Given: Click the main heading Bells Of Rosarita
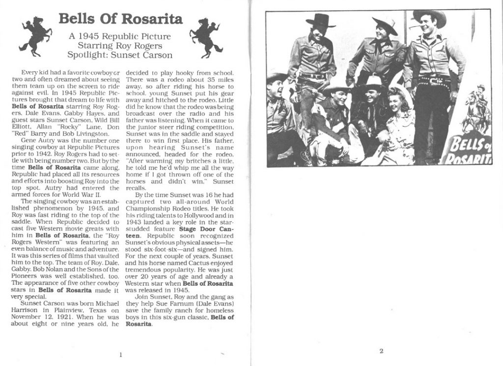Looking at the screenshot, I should click(x=120, y=19).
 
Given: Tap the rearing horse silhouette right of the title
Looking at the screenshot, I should click(x=205, y=37).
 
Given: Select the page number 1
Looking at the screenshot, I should click(x=120, y=354).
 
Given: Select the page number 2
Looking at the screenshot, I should click(x=381, y=351).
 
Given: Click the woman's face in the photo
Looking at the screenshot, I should click(x=395, y=103).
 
